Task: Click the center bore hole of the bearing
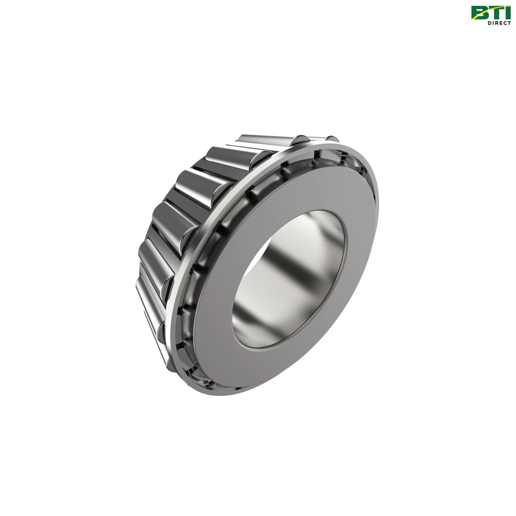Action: pyautogui.click(x=288, y=270)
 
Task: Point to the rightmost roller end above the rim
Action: pyautogui.click(x=333, y=139)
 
